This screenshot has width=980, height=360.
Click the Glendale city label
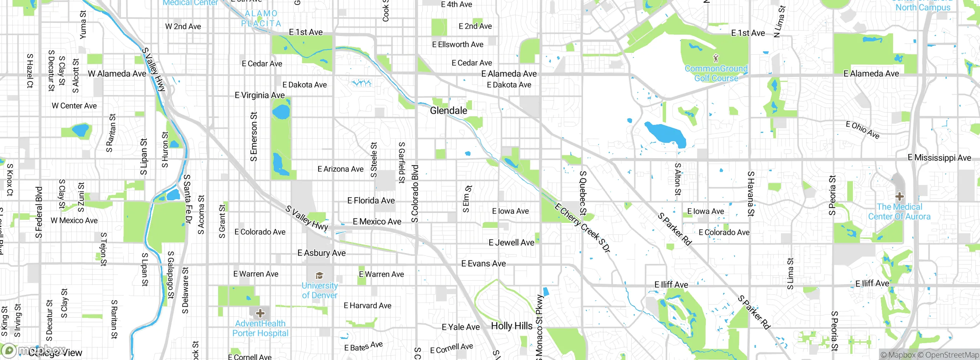(448, 111)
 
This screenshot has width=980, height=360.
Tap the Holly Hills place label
(511, 326)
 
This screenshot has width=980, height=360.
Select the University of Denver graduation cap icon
(319, 276)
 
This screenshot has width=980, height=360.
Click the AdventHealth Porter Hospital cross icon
(260, 313)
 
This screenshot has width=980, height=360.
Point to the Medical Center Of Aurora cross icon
(899, 197)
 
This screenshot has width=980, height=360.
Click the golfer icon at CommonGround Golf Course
(716, 58)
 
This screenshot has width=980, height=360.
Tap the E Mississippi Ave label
(939, 158)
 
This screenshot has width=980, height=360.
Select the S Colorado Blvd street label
(415, 194)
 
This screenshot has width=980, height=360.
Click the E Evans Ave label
(483, 263)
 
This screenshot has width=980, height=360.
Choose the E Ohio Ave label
(862, 130)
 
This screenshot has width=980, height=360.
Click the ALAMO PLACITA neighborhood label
(261, 18)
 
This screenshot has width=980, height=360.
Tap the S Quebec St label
(583, 193)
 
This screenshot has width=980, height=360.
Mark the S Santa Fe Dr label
(187, 199)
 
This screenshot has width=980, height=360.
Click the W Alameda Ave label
(117, 74)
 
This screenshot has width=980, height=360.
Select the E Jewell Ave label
(511, 242)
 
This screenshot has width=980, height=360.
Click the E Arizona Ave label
(340, 169)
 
